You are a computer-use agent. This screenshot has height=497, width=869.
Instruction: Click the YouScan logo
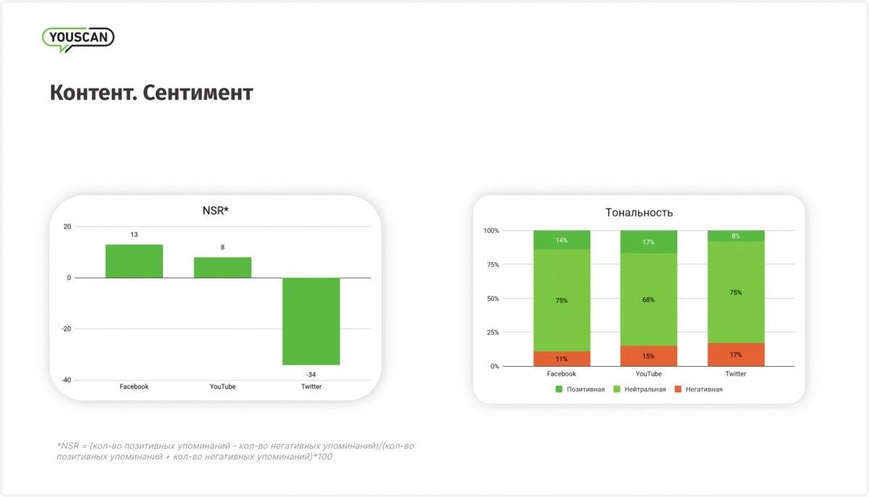(78, 38)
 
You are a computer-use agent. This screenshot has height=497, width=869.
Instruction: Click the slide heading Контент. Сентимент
(151, 93)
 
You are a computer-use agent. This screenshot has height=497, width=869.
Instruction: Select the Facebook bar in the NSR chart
(134, 261)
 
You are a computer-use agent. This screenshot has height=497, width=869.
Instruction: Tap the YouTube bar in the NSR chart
(222, 268)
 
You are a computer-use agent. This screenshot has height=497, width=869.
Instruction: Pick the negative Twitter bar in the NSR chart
(311, 321)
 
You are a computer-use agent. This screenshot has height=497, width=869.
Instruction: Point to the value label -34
(311, 375)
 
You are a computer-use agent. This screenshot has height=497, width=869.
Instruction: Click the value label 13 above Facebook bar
(134, 235)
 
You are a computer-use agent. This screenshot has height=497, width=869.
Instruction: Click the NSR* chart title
(215, 211)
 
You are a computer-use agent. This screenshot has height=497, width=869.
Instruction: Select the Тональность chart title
(639, 213)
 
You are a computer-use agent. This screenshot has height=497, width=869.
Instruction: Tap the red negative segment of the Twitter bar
(736, 354)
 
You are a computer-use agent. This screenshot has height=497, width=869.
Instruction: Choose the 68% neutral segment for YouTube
(649, 300)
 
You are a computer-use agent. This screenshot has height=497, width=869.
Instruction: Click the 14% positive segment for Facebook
(561, 240)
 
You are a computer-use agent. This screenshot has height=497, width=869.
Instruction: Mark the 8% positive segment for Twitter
(736, 236)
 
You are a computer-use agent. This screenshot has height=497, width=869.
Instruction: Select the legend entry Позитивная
(580, 389)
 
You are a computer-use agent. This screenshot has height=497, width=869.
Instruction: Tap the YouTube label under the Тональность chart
(649, 374)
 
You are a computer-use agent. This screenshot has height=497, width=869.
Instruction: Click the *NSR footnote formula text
(235, 451)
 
